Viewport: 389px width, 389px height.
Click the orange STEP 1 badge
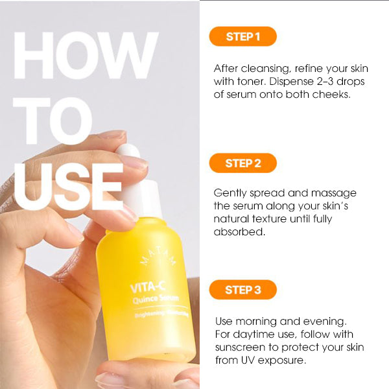pyautogui.click(x=243, y=36)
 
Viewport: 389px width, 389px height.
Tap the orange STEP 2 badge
pyautogui.click(x=243, y=163)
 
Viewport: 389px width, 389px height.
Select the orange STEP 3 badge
pyautogui.click(x=243, y=290)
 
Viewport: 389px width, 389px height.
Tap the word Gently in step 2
pyautogui.click(x=230, y=193)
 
